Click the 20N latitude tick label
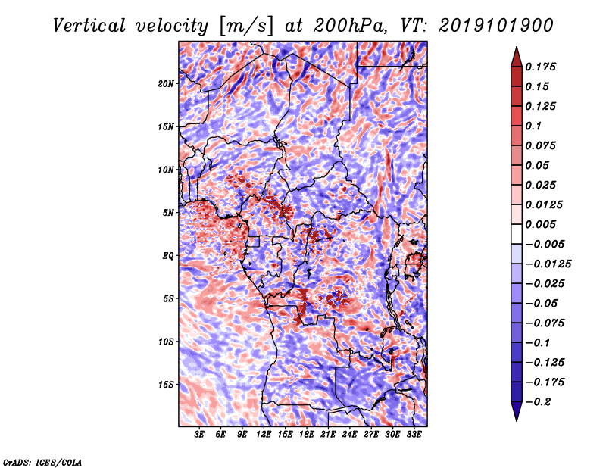point(166,83)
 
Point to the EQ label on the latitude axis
point(168,256)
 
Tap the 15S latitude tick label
point(166,385)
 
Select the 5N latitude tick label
point(168,213)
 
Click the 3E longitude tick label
point(199,435)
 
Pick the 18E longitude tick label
point(307,435)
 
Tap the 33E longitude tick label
point(414,435)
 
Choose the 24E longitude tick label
point(349,435)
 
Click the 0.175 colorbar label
point(540,67)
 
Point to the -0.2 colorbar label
point(538,402)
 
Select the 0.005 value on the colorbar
point(540,224)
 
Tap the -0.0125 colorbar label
point(548,264)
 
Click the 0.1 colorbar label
point(533,126)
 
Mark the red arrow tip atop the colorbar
point(517,48)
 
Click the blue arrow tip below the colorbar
point(517,420)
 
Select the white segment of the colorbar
point(517,234)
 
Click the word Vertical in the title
point(89,26)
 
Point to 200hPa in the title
point(350,26)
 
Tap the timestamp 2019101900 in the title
point(496,26)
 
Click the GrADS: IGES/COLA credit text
point(42,463)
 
